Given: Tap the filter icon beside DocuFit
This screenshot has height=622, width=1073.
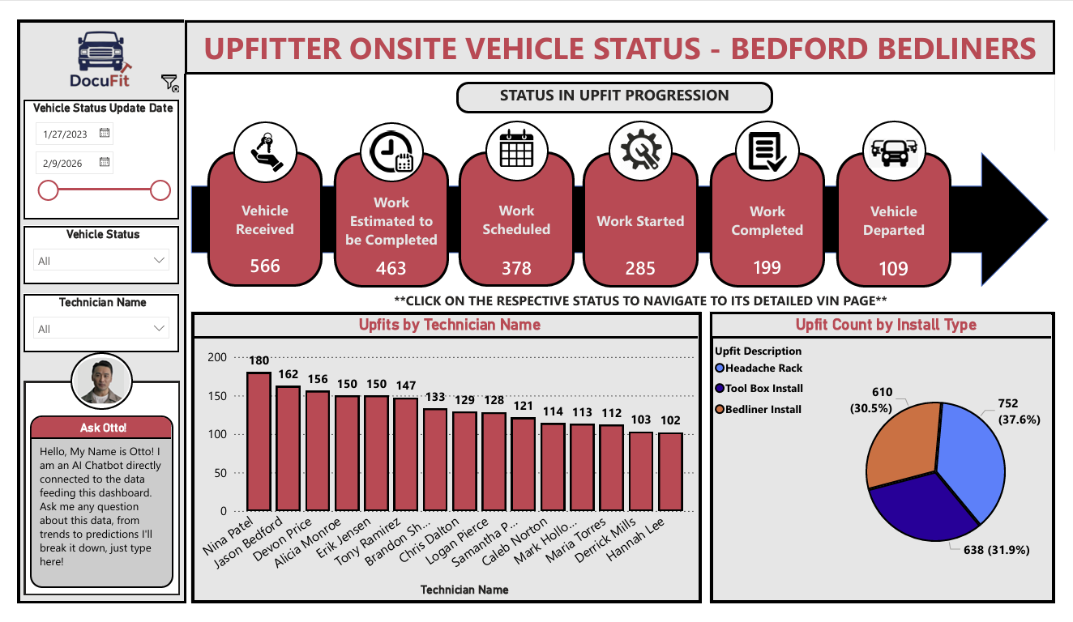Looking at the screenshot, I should (169, 82).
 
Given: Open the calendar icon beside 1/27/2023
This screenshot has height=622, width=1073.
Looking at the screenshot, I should (105, 133).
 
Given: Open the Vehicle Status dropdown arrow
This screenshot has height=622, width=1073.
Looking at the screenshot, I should (159, 261).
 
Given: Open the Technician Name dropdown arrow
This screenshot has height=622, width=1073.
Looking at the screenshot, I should (159, 329).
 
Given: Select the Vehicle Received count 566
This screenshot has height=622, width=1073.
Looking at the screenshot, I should (264, 266).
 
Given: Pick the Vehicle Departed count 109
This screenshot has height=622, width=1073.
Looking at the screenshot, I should (893, 268).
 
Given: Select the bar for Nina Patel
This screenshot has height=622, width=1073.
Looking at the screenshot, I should (259, 441).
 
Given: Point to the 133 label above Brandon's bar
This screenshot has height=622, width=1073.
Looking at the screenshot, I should (435, 398).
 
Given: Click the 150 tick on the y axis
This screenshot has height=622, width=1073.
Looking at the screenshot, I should (216, 396).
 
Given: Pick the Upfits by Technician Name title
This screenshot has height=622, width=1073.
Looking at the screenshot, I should (449, 325).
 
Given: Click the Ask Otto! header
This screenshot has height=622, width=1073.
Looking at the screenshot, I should (102, 428).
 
